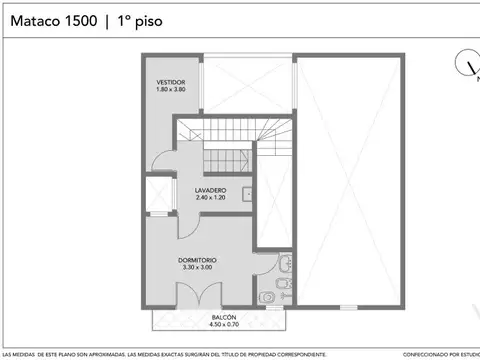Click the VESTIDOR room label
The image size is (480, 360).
point(170,82)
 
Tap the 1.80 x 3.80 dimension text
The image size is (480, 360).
point(170,90)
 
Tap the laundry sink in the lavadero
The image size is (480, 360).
point(247,190)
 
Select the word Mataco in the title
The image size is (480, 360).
point(32,19)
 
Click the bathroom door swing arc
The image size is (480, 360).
point(262,263)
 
